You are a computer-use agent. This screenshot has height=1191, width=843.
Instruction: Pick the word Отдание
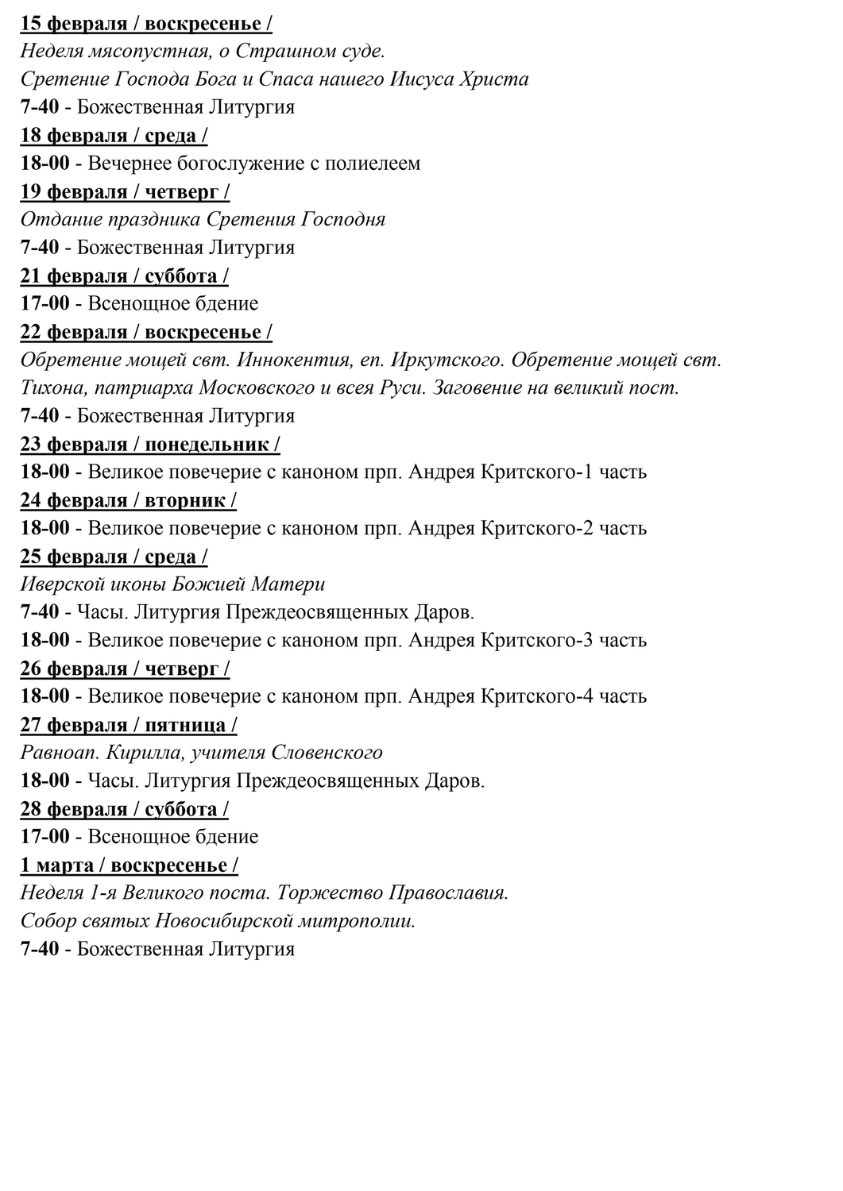pos(54,219)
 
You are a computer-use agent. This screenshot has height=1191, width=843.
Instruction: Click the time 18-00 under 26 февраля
pos(44,696)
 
